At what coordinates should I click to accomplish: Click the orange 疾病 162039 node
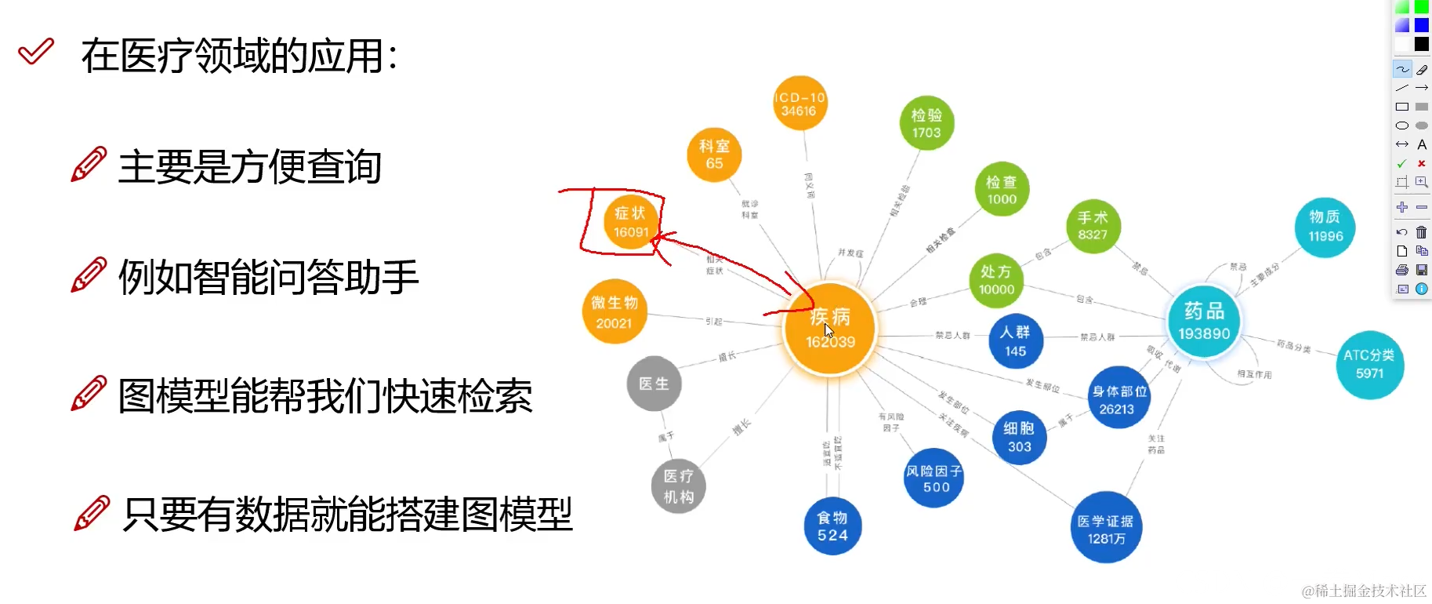point(830,330)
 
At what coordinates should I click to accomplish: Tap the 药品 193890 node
point(1204,322)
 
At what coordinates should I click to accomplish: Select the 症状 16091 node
point(630,222)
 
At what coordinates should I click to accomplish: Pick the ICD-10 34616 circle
point(799,104)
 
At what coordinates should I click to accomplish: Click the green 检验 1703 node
point(926,123)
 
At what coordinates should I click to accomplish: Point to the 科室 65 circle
point(714,155)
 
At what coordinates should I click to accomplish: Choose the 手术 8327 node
point(1093,226)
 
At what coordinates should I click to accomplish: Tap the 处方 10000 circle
point(996,280)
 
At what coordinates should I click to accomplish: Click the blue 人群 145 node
point(1016,341)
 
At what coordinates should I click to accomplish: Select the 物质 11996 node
point(1325,227)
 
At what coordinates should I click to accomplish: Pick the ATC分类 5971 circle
point(1369,364)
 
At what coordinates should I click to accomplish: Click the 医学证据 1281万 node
point(1106,529)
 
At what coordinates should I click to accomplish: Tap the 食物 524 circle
point(832,526)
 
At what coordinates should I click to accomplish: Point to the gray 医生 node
point(654,384)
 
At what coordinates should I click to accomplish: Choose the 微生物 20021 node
point(614,312)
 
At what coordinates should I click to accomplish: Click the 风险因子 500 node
point(934,478)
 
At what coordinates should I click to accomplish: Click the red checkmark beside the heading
point(36,52)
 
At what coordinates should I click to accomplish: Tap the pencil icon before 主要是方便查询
point(89,165)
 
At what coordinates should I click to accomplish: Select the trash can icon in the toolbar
point(1421,232)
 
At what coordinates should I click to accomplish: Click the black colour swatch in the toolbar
point(1421,44)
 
